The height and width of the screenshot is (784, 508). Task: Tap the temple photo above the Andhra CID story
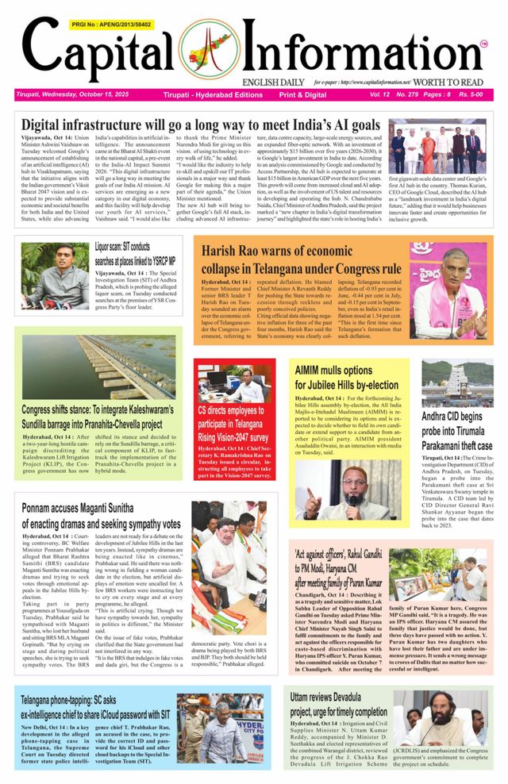(x=457, y=382)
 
